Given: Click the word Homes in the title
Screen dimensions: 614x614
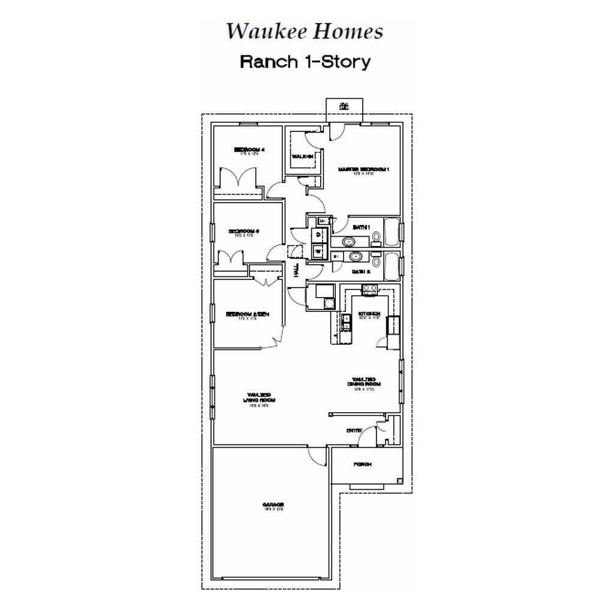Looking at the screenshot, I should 351,31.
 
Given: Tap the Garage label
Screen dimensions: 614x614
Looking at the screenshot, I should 273,505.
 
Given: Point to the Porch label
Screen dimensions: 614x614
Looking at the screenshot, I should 362,465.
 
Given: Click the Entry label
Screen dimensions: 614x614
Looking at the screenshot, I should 354,431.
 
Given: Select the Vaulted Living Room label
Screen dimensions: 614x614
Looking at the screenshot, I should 255,398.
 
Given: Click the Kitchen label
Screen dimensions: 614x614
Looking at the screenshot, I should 369,314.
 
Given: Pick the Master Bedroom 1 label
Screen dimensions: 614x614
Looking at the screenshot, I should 364,170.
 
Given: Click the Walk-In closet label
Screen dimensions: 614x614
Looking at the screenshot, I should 303,156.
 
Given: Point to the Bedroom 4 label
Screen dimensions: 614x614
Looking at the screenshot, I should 249,149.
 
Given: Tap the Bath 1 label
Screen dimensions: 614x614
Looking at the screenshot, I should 361,227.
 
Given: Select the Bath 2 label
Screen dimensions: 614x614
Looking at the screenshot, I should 361,272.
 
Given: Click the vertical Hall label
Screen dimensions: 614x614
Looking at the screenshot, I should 296,270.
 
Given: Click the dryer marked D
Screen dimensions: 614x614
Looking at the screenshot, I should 318,235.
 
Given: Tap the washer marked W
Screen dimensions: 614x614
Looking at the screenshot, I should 318,252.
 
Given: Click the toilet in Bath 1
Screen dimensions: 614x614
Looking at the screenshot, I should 376,239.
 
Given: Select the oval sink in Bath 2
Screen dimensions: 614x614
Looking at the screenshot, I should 354,257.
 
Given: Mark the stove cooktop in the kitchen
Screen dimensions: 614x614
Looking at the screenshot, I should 369,290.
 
